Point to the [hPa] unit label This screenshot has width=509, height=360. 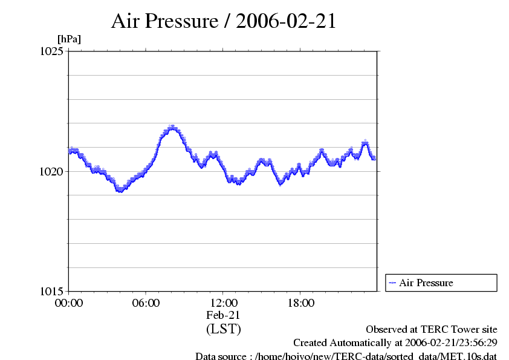(69, 39)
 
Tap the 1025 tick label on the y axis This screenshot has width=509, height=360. (50, 52)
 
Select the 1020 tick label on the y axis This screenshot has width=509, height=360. (50, 171)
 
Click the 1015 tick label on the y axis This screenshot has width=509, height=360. (50, 291)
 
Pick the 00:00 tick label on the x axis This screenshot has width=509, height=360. (69, 303)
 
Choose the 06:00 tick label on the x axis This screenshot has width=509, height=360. (146, 303)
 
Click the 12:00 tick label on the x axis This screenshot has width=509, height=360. (224, 303)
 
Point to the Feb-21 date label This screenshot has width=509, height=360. (224, 315)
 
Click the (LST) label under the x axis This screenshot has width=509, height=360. (224, 329)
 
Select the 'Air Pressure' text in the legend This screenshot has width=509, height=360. (426, 283)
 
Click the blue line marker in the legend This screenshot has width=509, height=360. (392, 283)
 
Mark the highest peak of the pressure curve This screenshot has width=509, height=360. (172, 127)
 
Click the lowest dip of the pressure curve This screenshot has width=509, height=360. (120, 191)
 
